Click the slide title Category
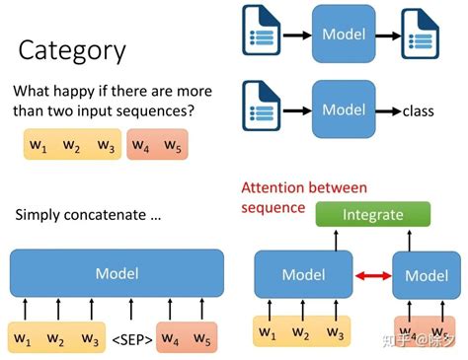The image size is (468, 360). pyautogui.click(x=71, y=50)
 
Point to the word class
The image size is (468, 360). pyautogui.click(x=418, y=111)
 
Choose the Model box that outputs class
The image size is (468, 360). pyautogui.click(x=343, y=108)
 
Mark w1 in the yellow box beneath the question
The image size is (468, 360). pyautogui.click(x=39, y=147)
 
